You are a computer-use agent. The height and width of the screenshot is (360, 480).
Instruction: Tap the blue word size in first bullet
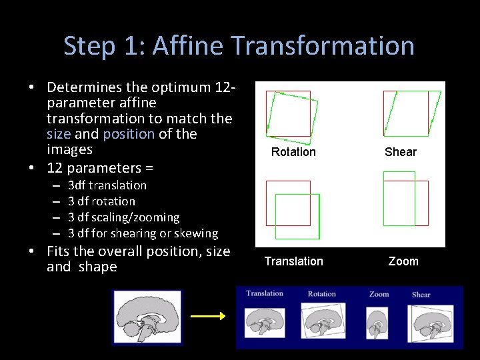(x=59, y=134)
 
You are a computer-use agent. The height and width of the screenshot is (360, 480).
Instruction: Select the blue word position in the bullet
(x=129, y=134)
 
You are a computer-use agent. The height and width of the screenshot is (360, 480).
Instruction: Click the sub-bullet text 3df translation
(x=107, y=185)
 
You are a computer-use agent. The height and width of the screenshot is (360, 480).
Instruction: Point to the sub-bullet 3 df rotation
(x=101, y=201)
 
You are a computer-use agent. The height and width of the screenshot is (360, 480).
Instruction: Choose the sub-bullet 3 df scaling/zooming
(x=123, y=217)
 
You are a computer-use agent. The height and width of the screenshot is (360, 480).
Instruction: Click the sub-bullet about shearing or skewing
(x=143, y=233)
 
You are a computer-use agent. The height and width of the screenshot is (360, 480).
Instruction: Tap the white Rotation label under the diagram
(x=293, y=152)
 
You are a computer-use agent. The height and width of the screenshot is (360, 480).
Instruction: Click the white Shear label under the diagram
(x=401, y=152)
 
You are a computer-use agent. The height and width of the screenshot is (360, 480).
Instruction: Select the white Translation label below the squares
(x=293, y=261)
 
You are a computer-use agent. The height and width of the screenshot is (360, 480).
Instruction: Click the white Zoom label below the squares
(x=403, y=261)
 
